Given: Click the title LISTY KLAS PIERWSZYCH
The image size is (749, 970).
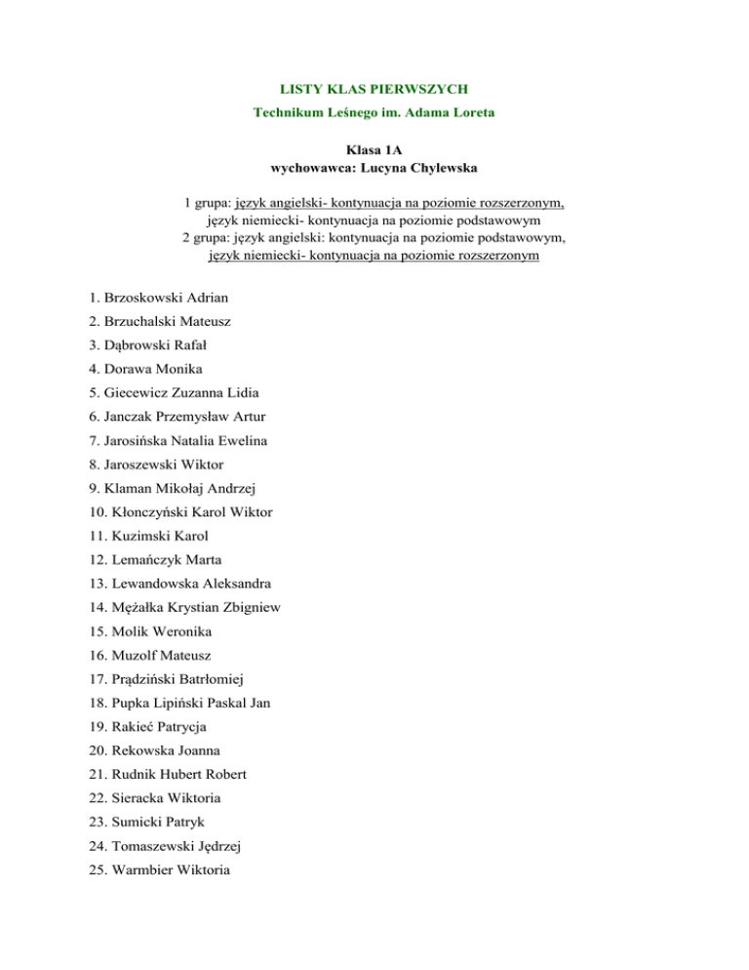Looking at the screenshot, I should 374,89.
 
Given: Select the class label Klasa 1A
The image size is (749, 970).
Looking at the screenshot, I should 374,151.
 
